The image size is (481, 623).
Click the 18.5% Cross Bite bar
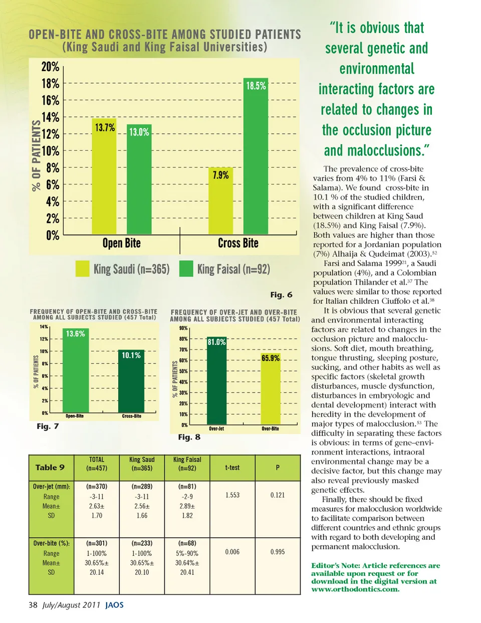(x=256, y=160)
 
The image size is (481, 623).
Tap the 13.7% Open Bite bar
(x=104, y=180)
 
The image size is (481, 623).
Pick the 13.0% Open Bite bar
(x=139, y=183)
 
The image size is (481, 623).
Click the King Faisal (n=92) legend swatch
(x=186, y=269)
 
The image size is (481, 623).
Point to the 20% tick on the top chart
(x=50, y=67)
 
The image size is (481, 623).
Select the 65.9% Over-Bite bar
(x=271, y=391)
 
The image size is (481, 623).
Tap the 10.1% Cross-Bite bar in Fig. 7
(x=131, y=383)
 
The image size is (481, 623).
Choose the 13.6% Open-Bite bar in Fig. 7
(x=75, y=373)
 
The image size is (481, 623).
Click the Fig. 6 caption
(x=281, y=295)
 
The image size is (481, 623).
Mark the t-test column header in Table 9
(x=232, y=468)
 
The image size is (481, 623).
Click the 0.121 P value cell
(x=277, y=495)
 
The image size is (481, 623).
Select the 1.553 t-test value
(x=232, y=495)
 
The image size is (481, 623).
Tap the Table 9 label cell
(x=50, y=468)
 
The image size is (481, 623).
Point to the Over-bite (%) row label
(x=51, y=543)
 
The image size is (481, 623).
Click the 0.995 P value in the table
(x=277, y=552)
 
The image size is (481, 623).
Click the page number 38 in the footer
(x=33, y=605)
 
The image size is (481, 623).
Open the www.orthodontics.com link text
(x=355, y=589)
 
